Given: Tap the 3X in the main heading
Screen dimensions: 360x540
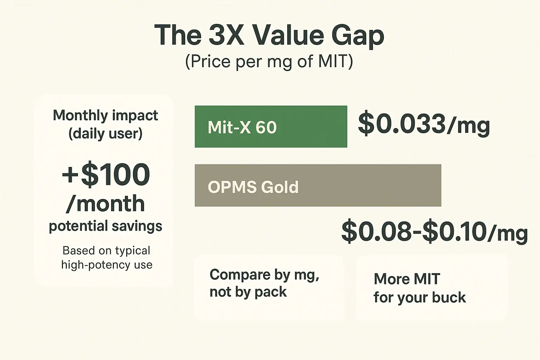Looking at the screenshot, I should (226, 35).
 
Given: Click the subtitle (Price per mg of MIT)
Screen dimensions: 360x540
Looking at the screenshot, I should (269, 62).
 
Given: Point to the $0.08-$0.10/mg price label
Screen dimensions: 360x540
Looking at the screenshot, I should (434, 232).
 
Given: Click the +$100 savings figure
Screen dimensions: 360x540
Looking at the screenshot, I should (106, 175).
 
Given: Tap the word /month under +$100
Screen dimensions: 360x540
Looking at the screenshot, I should (105, 204).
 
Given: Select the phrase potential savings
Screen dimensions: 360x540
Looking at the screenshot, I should (105, 226).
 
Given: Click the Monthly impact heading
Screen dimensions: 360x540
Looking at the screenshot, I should (105, 115).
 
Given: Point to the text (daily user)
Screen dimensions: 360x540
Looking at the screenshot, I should (105, 134).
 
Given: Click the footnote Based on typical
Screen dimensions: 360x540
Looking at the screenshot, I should (106, 250).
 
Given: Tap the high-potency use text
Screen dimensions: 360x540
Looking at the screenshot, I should (107, 264).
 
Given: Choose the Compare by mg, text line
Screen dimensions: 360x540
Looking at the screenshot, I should (264, 275).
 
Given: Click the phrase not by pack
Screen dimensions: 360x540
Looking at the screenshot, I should (248, 292).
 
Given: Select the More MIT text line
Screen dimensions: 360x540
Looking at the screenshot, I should (407, 279).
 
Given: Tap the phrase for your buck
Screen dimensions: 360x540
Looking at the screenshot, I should (419, 297).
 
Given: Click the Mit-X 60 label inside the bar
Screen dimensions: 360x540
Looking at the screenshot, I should (242, 127).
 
